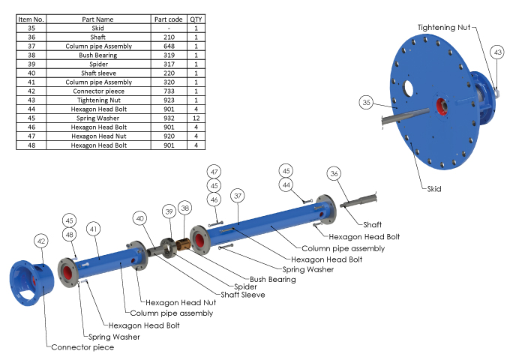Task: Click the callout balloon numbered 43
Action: [x=497, y=52]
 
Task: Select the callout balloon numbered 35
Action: [x=366, y=102]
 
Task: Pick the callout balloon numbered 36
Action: [x=334, y=173]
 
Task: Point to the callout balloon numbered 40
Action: [x=139, y=217]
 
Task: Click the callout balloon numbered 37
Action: [x=238, y=196]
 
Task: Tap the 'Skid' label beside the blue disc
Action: [x=435, y=188]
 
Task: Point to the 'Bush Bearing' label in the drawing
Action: [x=272, y=279]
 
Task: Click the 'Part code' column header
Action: [x=168, y=18]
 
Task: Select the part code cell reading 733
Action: [x=168, y=90]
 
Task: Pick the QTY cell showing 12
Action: [x=196, y=118]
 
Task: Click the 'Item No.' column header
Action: [x=31, y=18]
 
